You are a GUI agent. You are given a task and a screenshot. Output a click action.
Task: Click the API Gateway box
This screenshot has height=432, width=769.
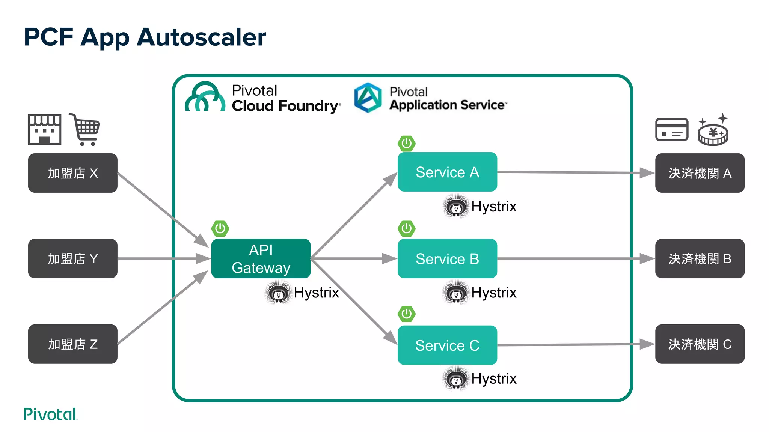[x=261, y=258]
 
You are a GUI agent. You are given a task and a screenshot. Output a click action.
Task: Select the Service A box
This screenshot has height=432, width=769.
[x=447, y=172]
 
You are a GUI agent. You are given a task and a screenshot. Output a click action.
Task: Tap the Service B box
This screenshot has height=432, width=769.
[x=447, y=258]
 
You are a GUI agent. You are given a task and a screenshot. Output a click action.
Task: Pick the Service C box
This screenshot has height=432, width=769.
[x=447, y=345]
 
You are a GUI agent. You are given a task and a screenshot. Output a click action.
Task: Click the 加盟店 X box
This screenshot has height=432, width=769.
[x=72, y=173]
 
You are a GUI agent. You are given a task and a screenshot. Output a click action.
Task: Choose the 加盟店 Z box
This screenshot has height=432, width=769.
[x=72, y=344]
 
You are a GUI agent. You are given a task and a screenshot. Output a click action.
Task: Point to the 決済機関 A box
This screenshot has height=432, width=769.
[x=700, y=173]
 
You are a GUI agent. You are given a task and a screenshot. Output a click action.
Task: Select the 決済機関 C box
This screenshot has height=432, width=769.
[x=700, y=344]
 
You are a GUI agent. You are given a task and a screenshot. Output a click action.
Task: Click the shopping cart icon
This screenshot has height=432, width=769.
[x=85, y=129]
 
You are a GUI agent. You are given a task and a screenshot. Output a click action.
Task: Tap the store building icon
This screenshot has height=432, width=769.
[x=44, y=129]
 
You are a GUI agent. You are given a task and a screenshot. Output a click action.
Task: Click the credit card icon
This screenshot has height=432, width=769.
[x=672, y=129]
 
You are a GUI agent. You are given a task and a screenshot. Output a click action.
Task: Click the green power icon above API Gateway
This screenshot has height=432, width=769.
[x=220, y=228]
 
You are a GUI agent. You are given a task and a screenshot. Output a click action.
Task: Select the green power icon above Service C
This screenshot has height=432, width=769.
[x=406, y=314]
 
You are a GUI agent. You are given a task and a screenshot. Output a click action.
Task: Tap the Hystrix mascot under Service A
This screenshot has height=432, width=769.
[x=456, y=207]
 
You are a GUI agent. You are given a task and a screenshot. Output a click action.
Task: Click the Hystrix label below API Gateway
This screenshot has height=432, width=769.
[x=316, y=292]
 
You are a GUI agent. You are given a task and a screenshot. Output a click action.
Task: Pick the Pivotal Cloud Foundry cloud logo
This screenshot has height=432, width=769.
[x=205, y=97]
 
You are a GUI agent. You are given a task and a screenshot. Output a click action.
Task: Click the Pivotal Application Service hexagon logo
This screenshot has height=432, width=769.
[x=368, y=97]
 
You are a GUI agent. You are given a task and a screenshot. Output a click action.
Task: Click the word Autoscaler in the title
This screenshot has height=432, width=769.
[x=201, y=37]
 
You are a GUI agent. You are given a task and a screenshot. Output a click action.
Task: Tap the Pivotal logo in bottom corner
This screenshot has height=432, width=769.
[x=50, y=414]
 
